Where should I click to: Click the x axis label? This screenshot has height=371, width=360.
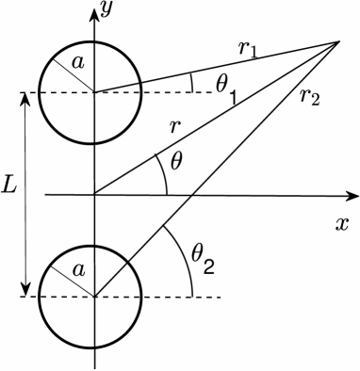(x=342, y=224)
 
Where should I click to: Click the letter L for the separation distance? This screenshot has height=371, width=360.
(x=9, y=185)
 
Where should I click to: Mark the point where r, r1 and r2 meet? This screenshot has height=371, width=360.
(x=339, y=40)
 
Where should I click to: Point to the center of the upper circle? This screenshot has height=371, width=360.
(x=94, y=92)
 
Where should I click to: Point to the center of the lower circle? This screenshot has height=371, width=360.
(x=94, y=297)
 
